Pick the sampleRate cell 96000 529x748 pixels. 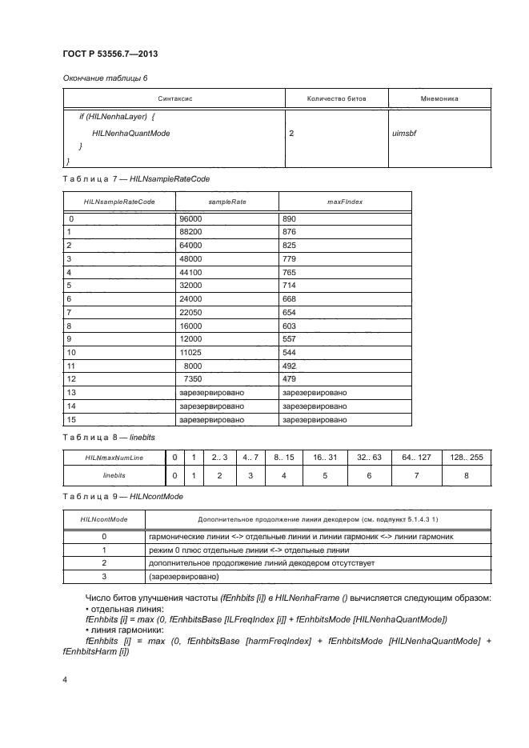point(190,218)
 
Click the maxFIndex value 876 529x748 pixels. point(290,232)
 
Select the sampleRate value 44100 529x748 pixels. point(190,273)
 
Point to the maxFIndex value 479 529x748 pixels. point(290,378)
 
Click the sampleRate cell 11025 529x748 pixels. point(190,351)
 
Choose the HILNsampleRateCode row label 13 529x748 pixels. point(72,392)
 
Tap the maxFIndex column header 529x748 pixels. point(345,202)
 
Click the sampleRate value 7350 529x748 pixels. point(193,378)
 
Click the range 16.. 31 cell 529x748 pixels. point(325,457)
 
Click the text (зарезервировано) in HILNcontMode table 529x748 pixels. point(183,576)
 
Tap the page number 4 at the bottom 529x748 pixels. point(65,680)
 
